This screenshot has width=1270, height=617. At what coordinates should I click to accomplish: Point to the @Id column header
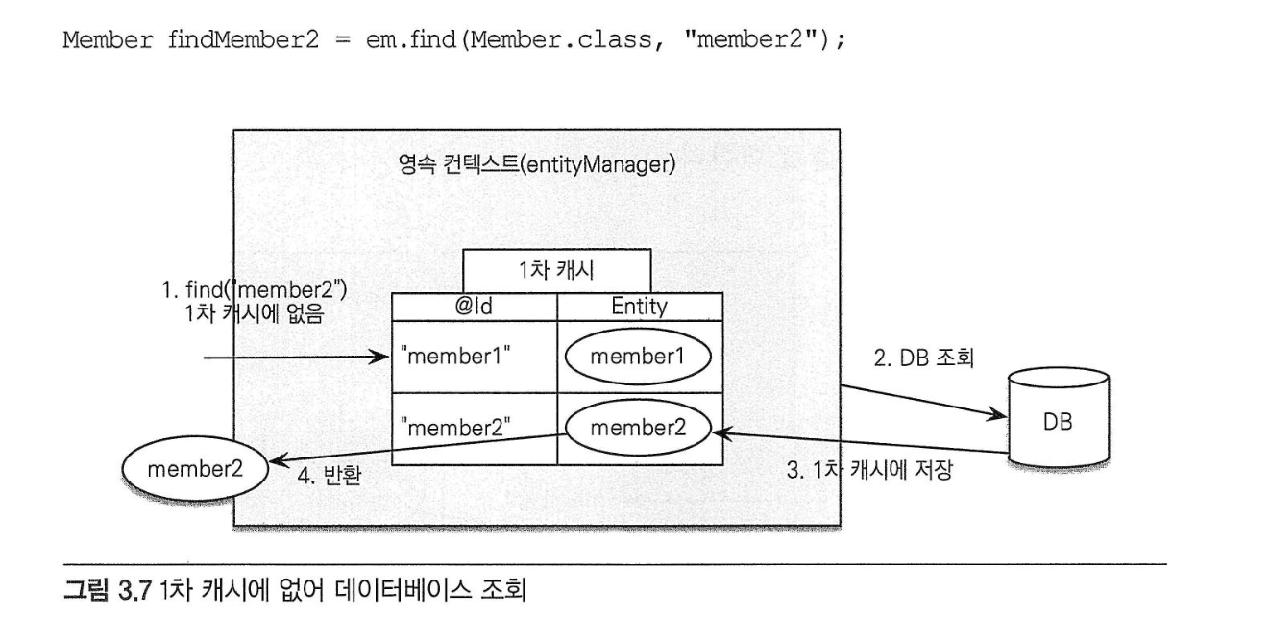[474, 308]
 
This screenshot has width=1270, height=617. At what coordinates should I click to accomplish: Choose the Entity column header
[639, 308]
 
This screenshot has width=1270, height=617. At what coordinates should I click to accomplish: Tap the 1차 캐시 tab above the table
[556, 271]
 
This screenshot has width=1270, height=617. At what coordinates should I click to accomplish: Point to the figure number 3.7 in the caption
[156, 587]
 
